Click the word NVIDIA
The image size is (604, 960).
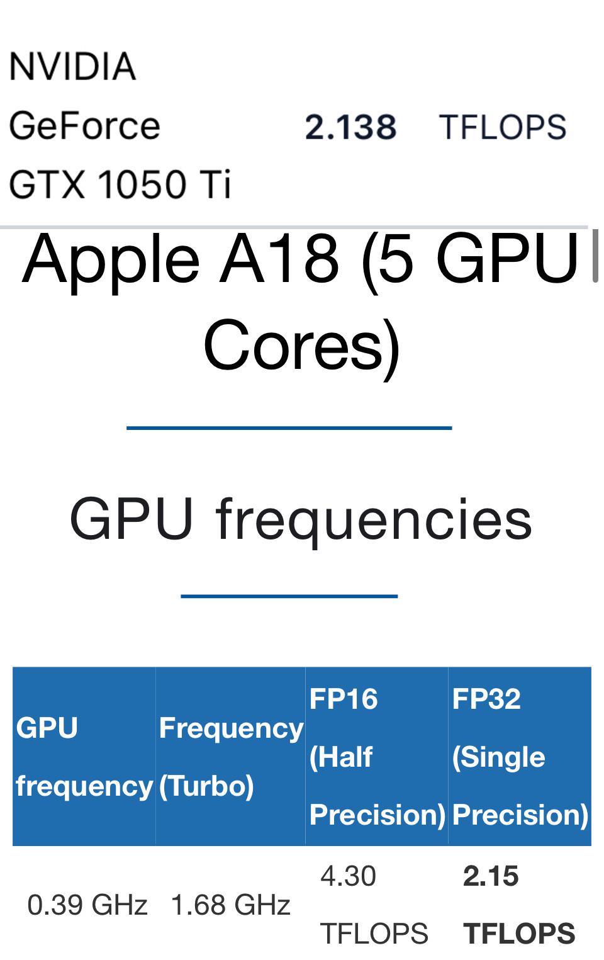point(72,67)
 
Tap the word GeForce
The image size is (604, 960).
point(84,125)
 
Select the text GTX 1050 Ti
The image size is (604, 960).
point(120,184)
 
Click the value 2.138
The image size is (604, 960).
point(350,127)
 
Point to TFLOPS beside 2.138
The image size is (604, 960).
point(502,127)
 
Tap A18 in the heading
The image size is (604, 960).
point(279,258)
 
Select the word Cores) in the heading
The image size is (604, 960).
point(301,346)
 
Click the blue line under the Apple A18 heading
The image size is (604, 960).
point(289,428)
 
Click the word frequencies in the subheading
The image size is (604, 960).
point(374,519)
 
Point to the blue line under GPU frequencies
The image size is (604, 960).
point(289,596)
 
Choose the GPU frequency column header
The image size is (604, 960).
point(84,757)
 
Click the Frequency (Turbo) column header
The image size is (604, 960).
point(230,757)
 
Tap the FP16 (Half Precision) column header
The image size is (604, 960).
point(376,757)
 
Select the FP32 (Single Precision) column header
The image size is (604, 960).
point(520,757)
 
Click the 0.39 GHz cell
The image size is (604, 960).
point(87,905)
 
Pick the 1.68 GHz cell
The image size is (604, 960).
point(230,905)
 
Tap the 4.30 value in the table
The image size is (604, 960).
point(348,876)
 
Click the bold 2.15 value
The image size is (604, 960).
point(491,876)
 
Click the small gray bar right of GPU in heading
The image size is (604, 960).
point(595,256)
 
